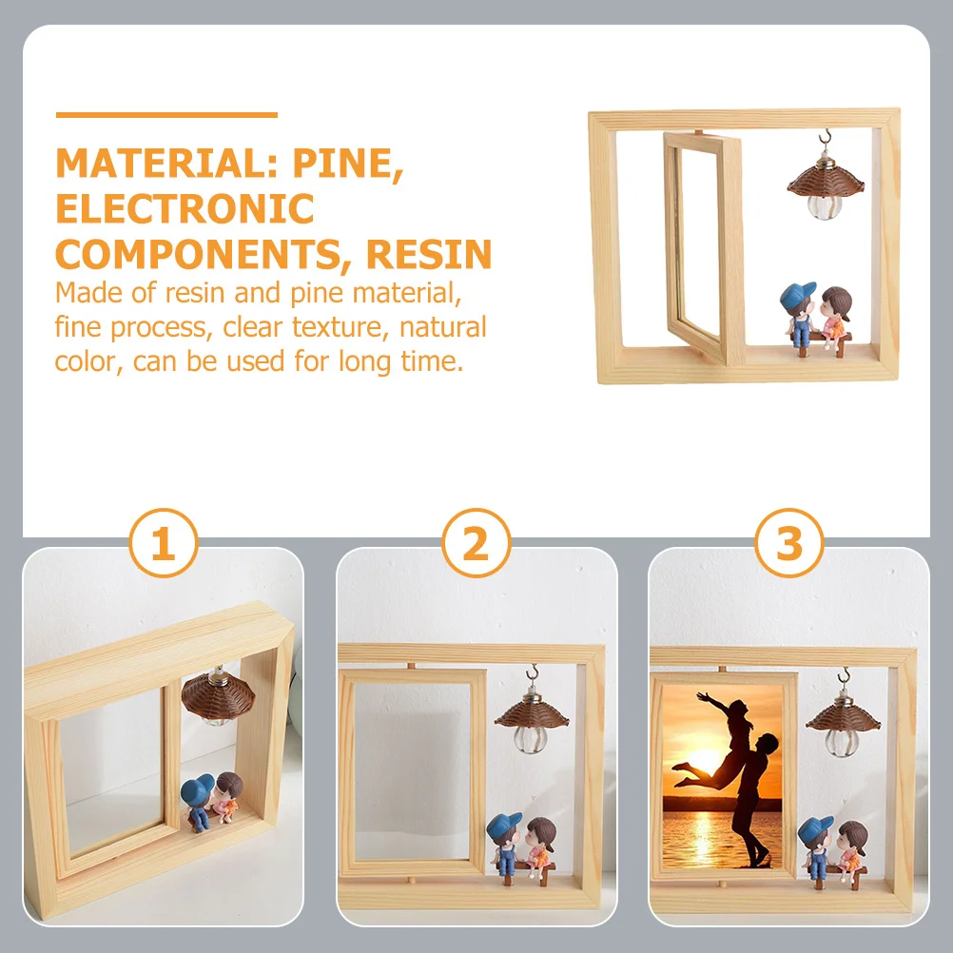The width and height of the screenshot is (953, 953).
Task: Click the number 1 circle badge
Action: pos(163,545)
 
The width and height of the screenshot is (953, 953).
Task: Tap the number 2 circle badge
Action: pos(476,545)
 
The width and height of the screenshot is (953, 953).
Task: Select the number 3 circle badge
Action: pos(789,545)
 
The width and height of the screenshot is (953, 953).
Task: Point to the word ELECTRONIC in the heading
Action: pos(185,208)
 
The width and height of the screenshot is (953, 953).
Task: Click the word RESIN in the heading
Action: pos(429,254)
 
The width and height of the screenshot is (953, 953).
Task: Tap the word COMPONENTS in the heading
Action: pos(204,254)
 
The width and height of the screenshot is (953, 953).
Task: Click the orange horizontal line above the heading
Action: pos(166,115)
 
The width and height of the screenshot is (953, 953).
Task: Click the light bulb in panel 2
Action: pos(529,738)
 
